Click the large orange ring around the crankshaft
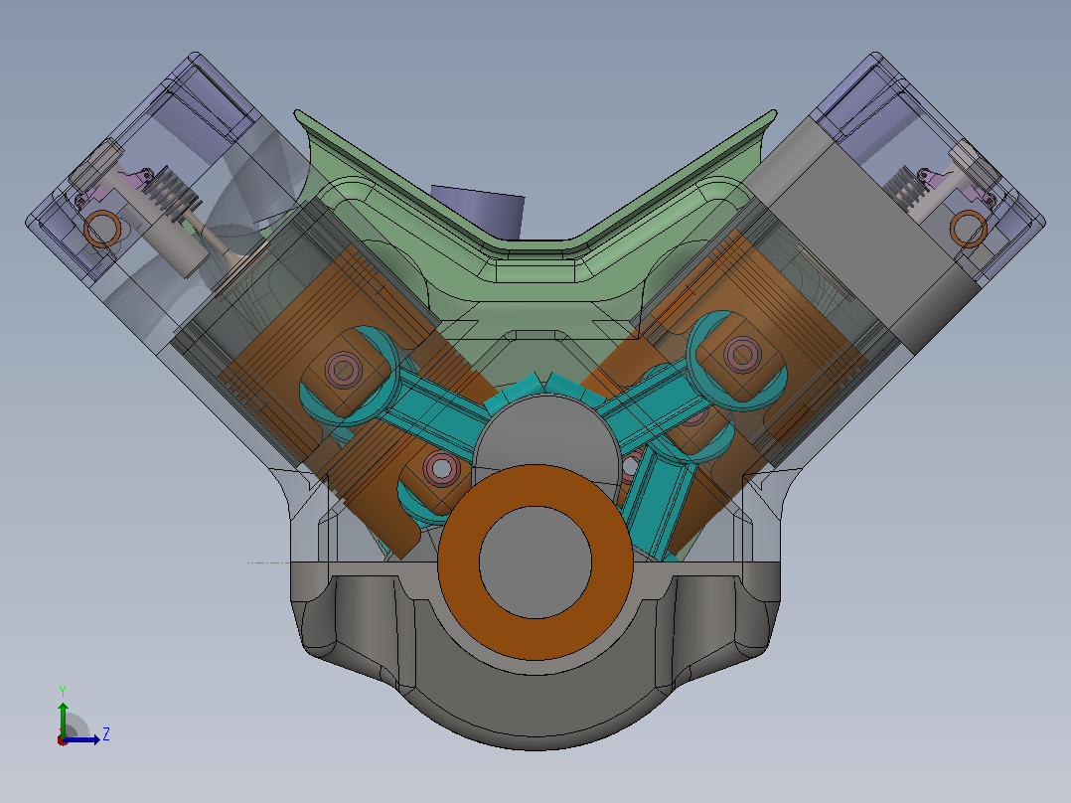[x=459, y=562]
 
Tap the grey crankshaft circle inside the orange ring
[x=535, y=562]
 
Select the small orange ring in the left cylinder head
[x=102, y=229]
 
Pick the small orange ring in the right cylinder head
[x=969, y=229]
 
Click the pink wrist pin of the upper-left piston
[x=344, y=370]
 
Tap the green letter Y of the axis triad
[x=63, y=691]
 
